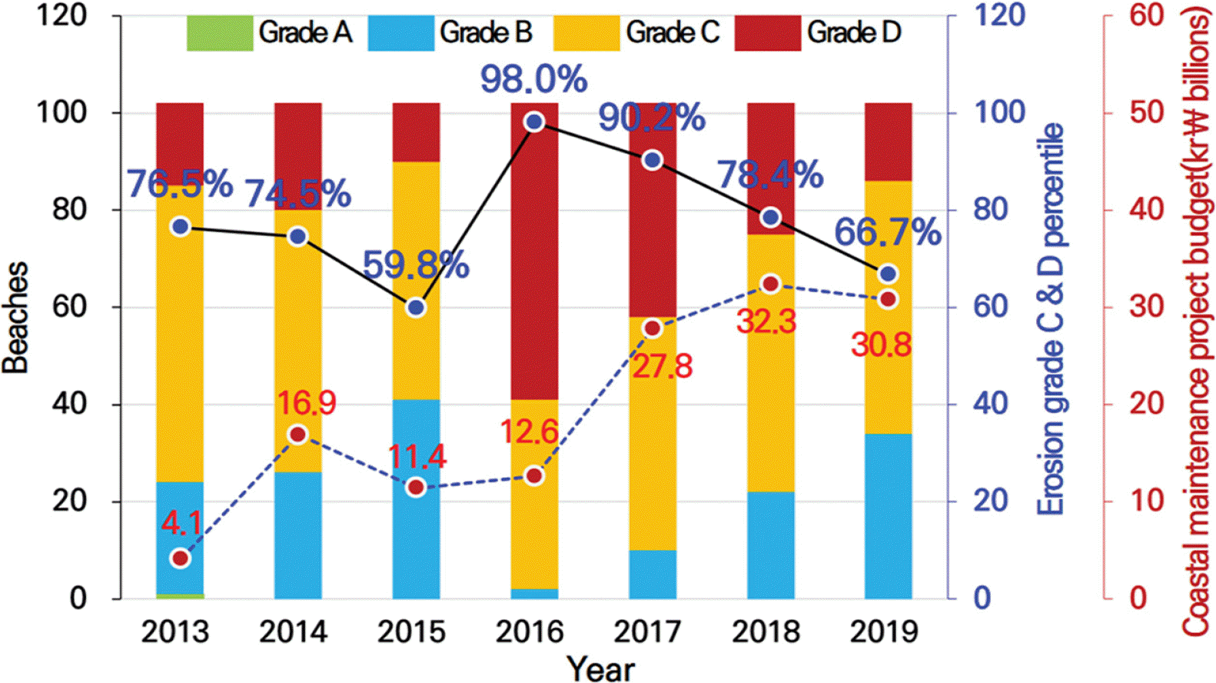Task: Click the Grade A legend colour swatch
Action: click(219, 33)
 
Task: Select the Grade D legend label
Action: click(853, 33)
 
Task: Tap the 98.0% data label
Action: click(533, 79)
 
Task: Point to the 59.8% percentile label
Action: click(415, 265)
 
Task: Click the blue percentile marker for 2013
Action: click(181, 227)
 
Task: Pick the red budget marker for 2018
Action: click(770, 285)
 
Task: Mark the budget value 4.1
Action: click(181, 523)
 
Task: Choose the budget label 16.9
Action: click(306, 403)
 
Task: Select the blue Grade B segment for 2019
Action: click(888, 515)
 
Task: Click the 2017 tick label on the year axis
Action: click(647, 632)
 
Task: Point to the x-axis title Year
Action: click(601, 668)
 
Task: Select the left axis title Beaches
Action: click(16, 318)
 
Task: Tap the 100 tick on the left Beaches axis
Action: click(62, 113)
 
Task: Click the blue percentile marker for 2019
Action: click(888, 275)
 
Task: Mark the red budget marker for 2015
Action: click(416, 488)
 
